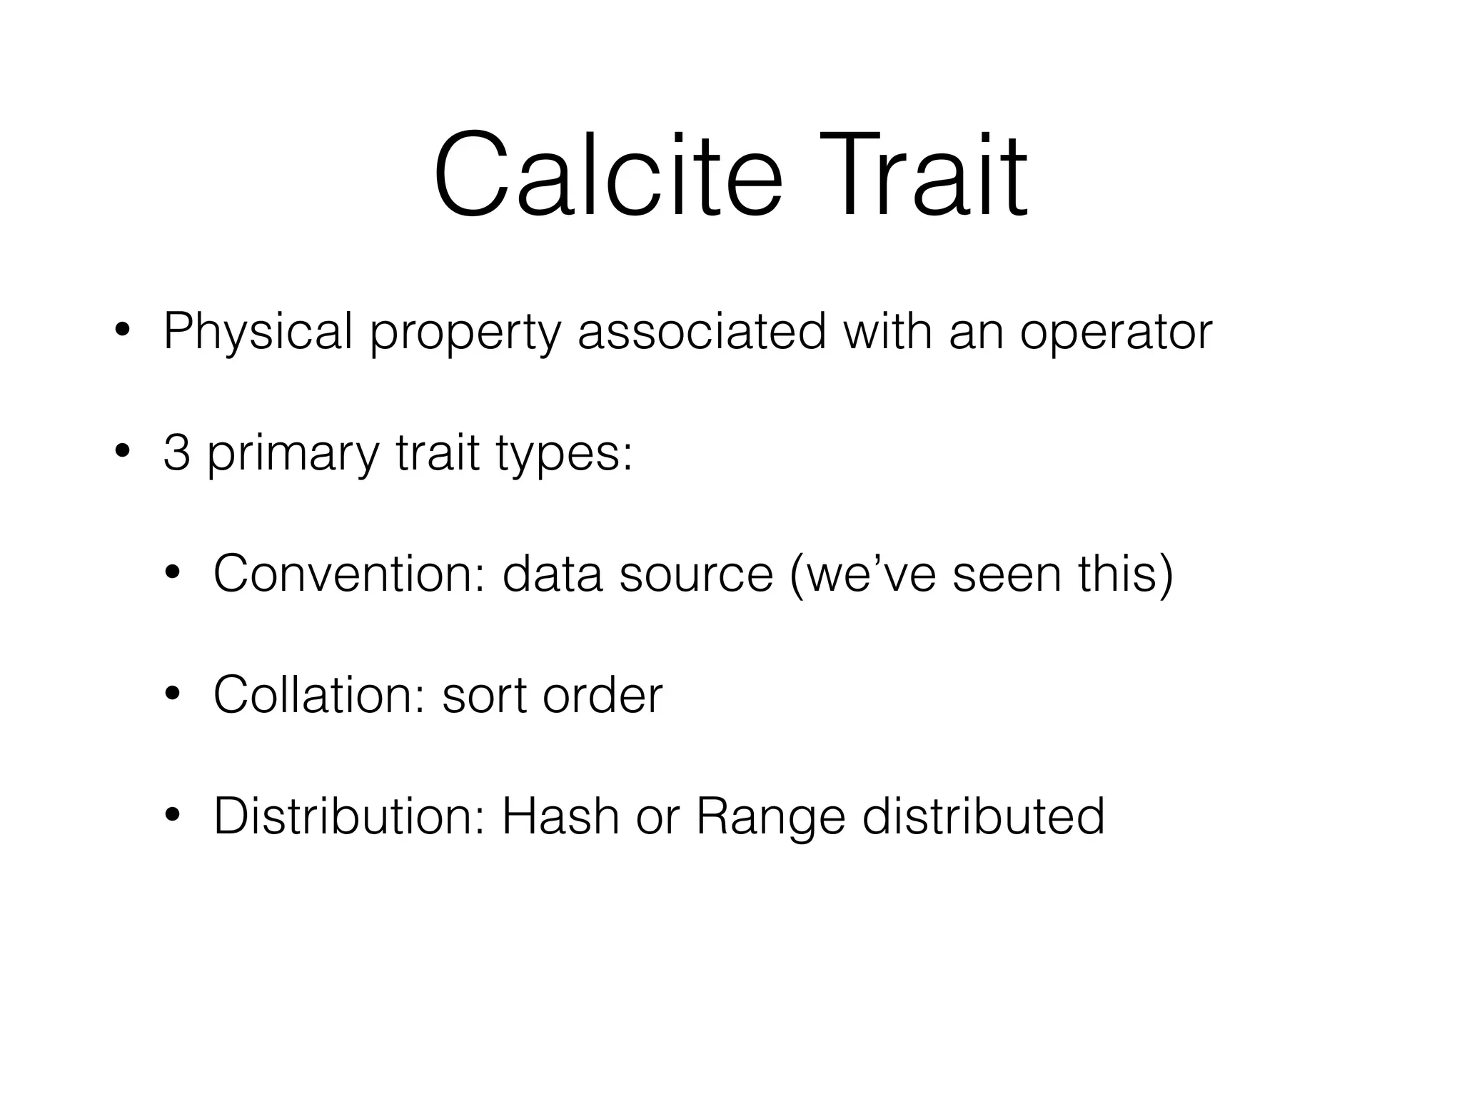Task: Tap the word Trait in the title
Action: click(927, 175)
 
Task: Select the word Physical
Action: click(258, 332)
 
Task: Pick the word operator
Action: click(1116, 333)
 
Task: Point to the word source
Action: click(696, 574)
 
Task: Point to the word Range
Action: click(770, 817)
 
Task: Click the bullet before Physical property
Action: click(123, 332)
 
